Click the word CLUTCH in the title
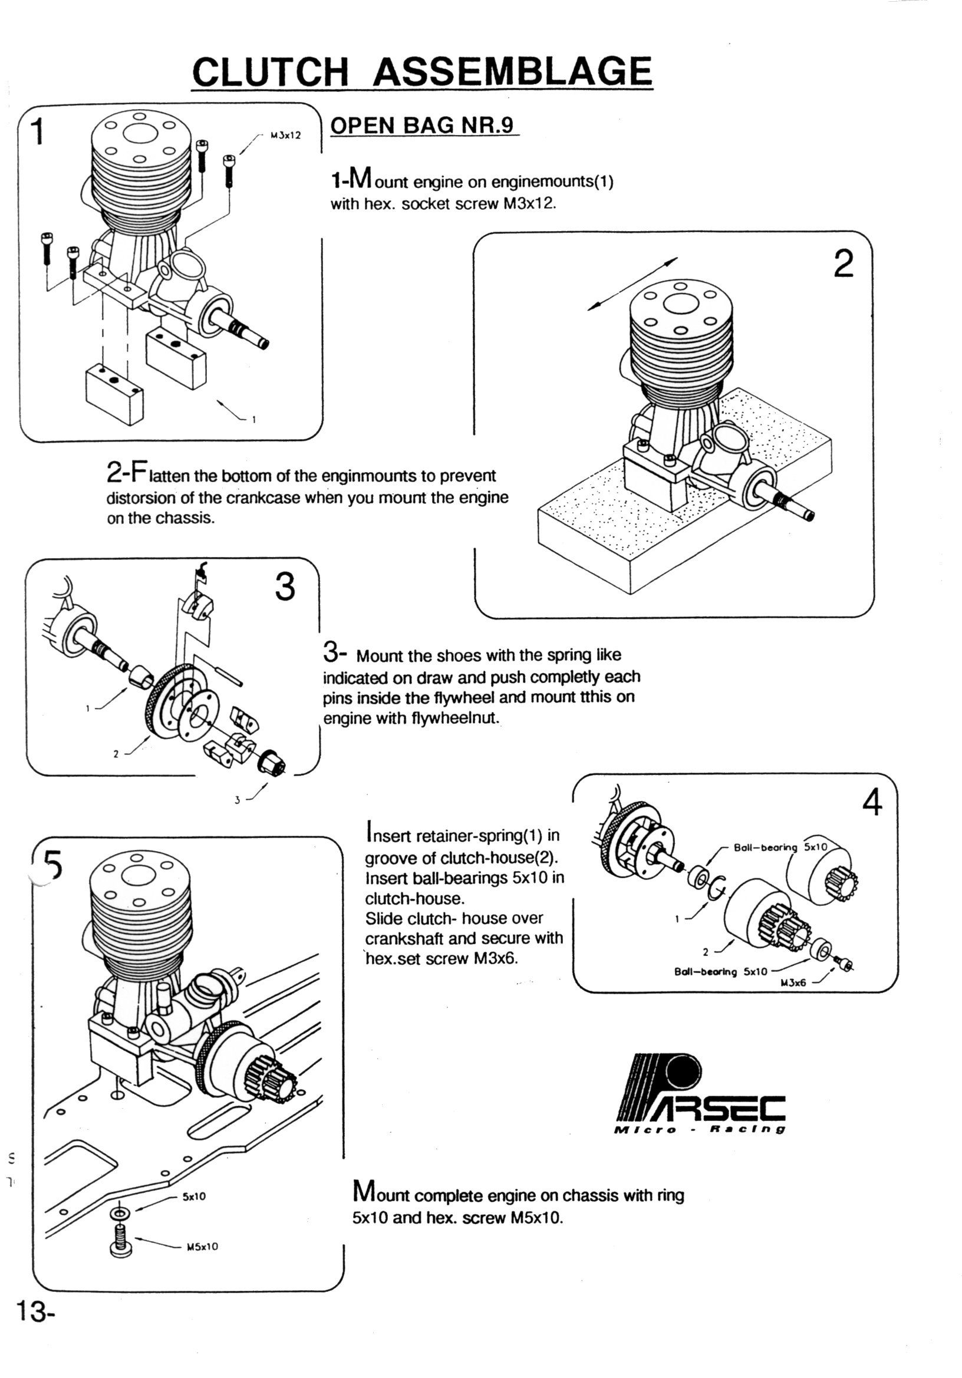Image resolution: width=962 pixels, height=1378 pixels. [x=269, y=72]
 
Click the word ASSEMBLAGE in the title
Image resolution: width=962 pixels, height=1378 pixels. [x=512, y=72]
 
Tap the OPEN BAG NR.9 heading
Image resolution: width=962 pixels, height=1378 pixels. [x=423, y=126]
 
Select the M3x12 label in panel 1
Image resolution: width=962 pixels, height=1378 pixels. [x=285, y=136]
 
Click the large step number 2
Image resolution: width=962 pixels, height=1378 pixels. [x=843, y=263]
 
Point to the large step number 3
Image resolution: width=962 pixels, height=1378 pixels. [x=285, y=586]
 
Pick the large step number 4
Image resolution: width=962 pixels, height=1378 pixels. [x=872, y=801]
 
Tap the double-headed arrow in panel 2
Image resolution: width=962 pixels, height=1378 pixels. [x=632, y=284]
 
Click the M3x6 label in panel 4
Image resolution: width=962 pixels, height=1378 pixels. [x=793, y=983]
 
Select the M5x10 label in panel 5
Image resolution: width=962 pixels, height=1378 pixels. [x=202, y=1247]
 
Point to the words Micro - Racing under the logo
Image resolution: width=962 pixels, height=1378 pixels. [x=700, y=1129]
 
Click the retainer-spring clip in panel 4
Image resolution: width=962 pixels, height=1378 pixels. [x=717, y=887]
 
